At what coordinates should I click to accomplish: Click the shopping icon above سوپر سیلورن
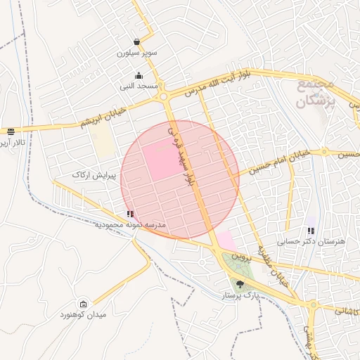tap(137, 41)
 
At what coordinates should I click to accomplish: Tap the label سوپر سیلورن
tap(138, 53)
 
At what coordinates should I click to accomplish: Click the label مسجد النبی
tap(138, 86)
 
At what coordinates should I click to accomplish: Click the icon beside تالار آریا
tap(10, 131)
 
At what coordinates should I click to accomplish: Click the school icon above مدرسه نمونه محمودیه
tap(129, 213)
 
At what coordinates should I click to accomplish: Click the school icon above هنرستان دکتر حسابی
tap(311, 230)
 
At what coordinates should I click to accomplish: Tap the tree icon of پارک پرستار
tap(241, 284)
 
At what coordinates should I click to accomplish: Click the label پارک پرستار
tap(241, 297)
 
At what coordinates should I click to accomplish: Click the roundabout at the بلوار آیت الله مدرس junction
tap(164, 96)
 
